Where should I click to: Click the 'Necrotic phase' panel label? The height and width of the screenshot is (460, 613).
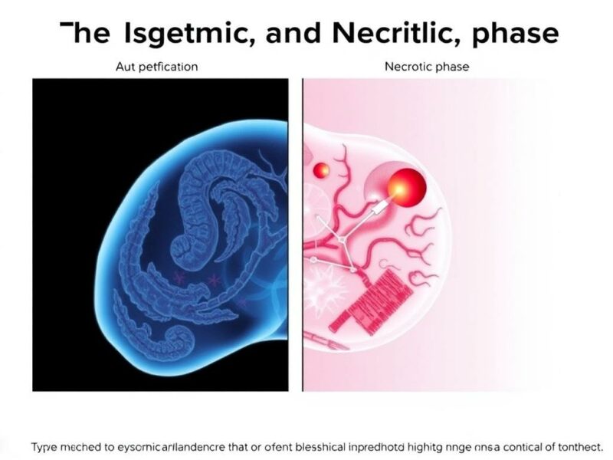click(426, 67)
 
